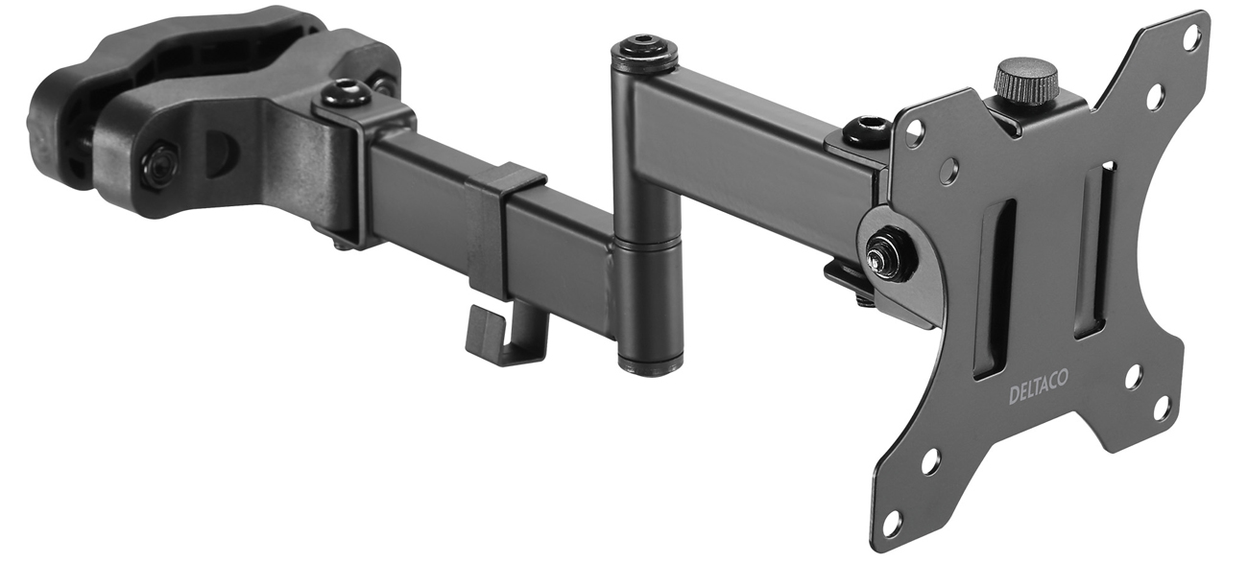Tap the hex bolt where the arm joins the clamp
pos(345,94)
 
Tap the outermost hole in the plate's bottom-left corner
pos(893,521)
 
